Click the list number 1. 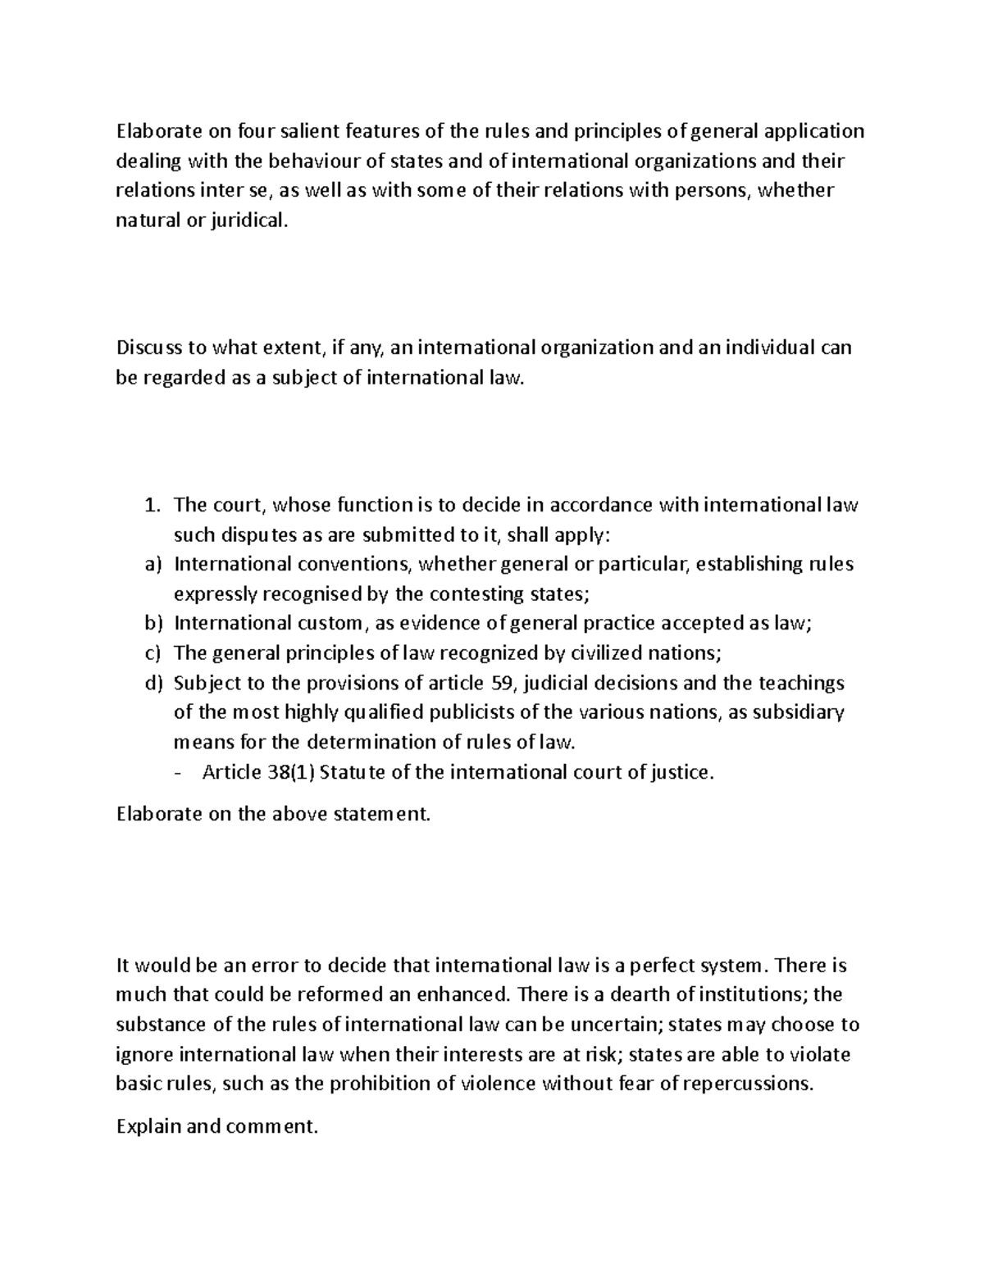click(x=151, y=505)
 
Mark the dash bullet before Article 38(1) click(x=180, y=772)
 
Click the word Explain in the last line click(x=149, y=1126)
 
